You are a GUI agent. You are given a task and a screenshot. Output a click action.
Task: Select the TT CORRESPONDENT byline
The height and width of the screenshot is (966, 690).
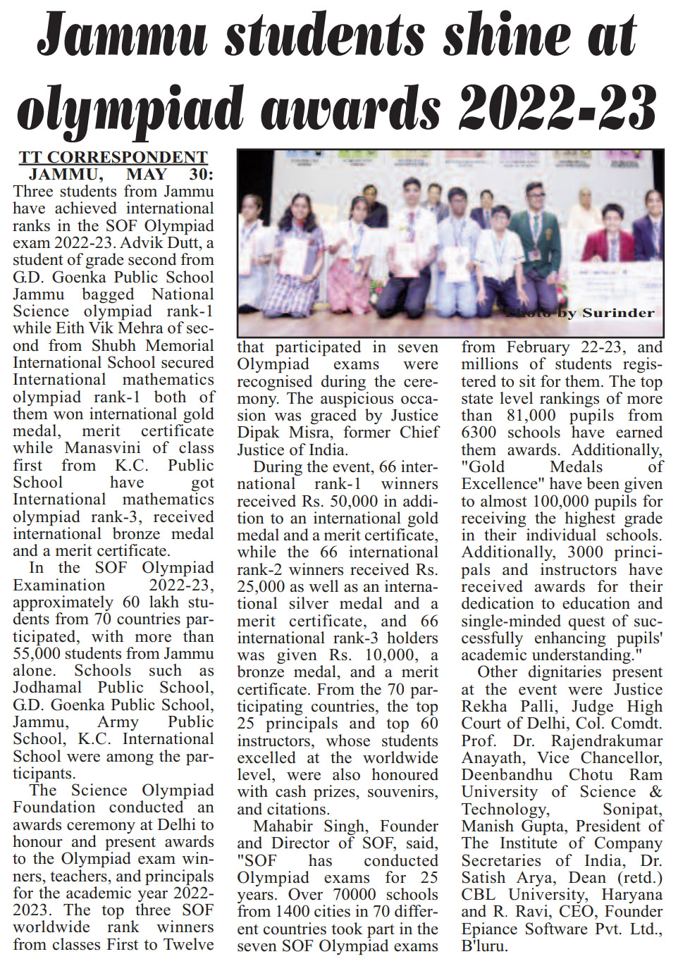coord(113,157)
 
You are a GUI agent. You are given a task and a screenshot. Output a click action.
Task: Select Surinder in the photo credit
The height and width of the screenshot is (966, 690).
coord(617,312)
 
